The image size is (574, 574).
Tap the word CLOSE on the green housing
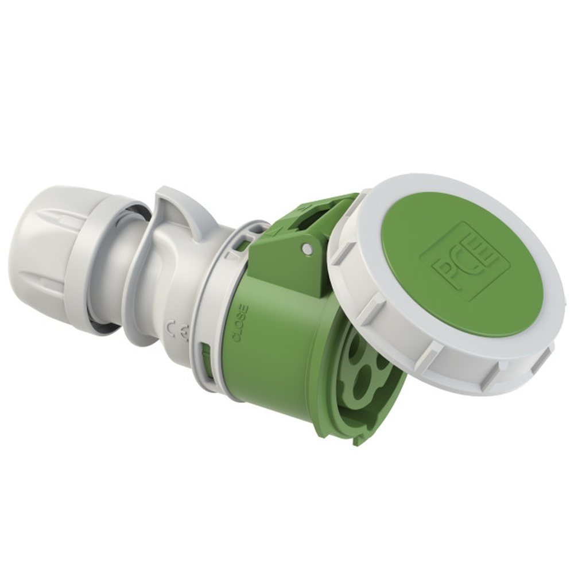coord(242,324)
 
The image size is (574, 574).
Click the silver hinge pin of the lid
coord(308,248)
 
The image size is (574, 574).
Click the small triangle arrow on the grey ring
coord(231,253)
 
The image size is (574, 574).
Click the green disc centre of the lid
coord(459,264)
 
